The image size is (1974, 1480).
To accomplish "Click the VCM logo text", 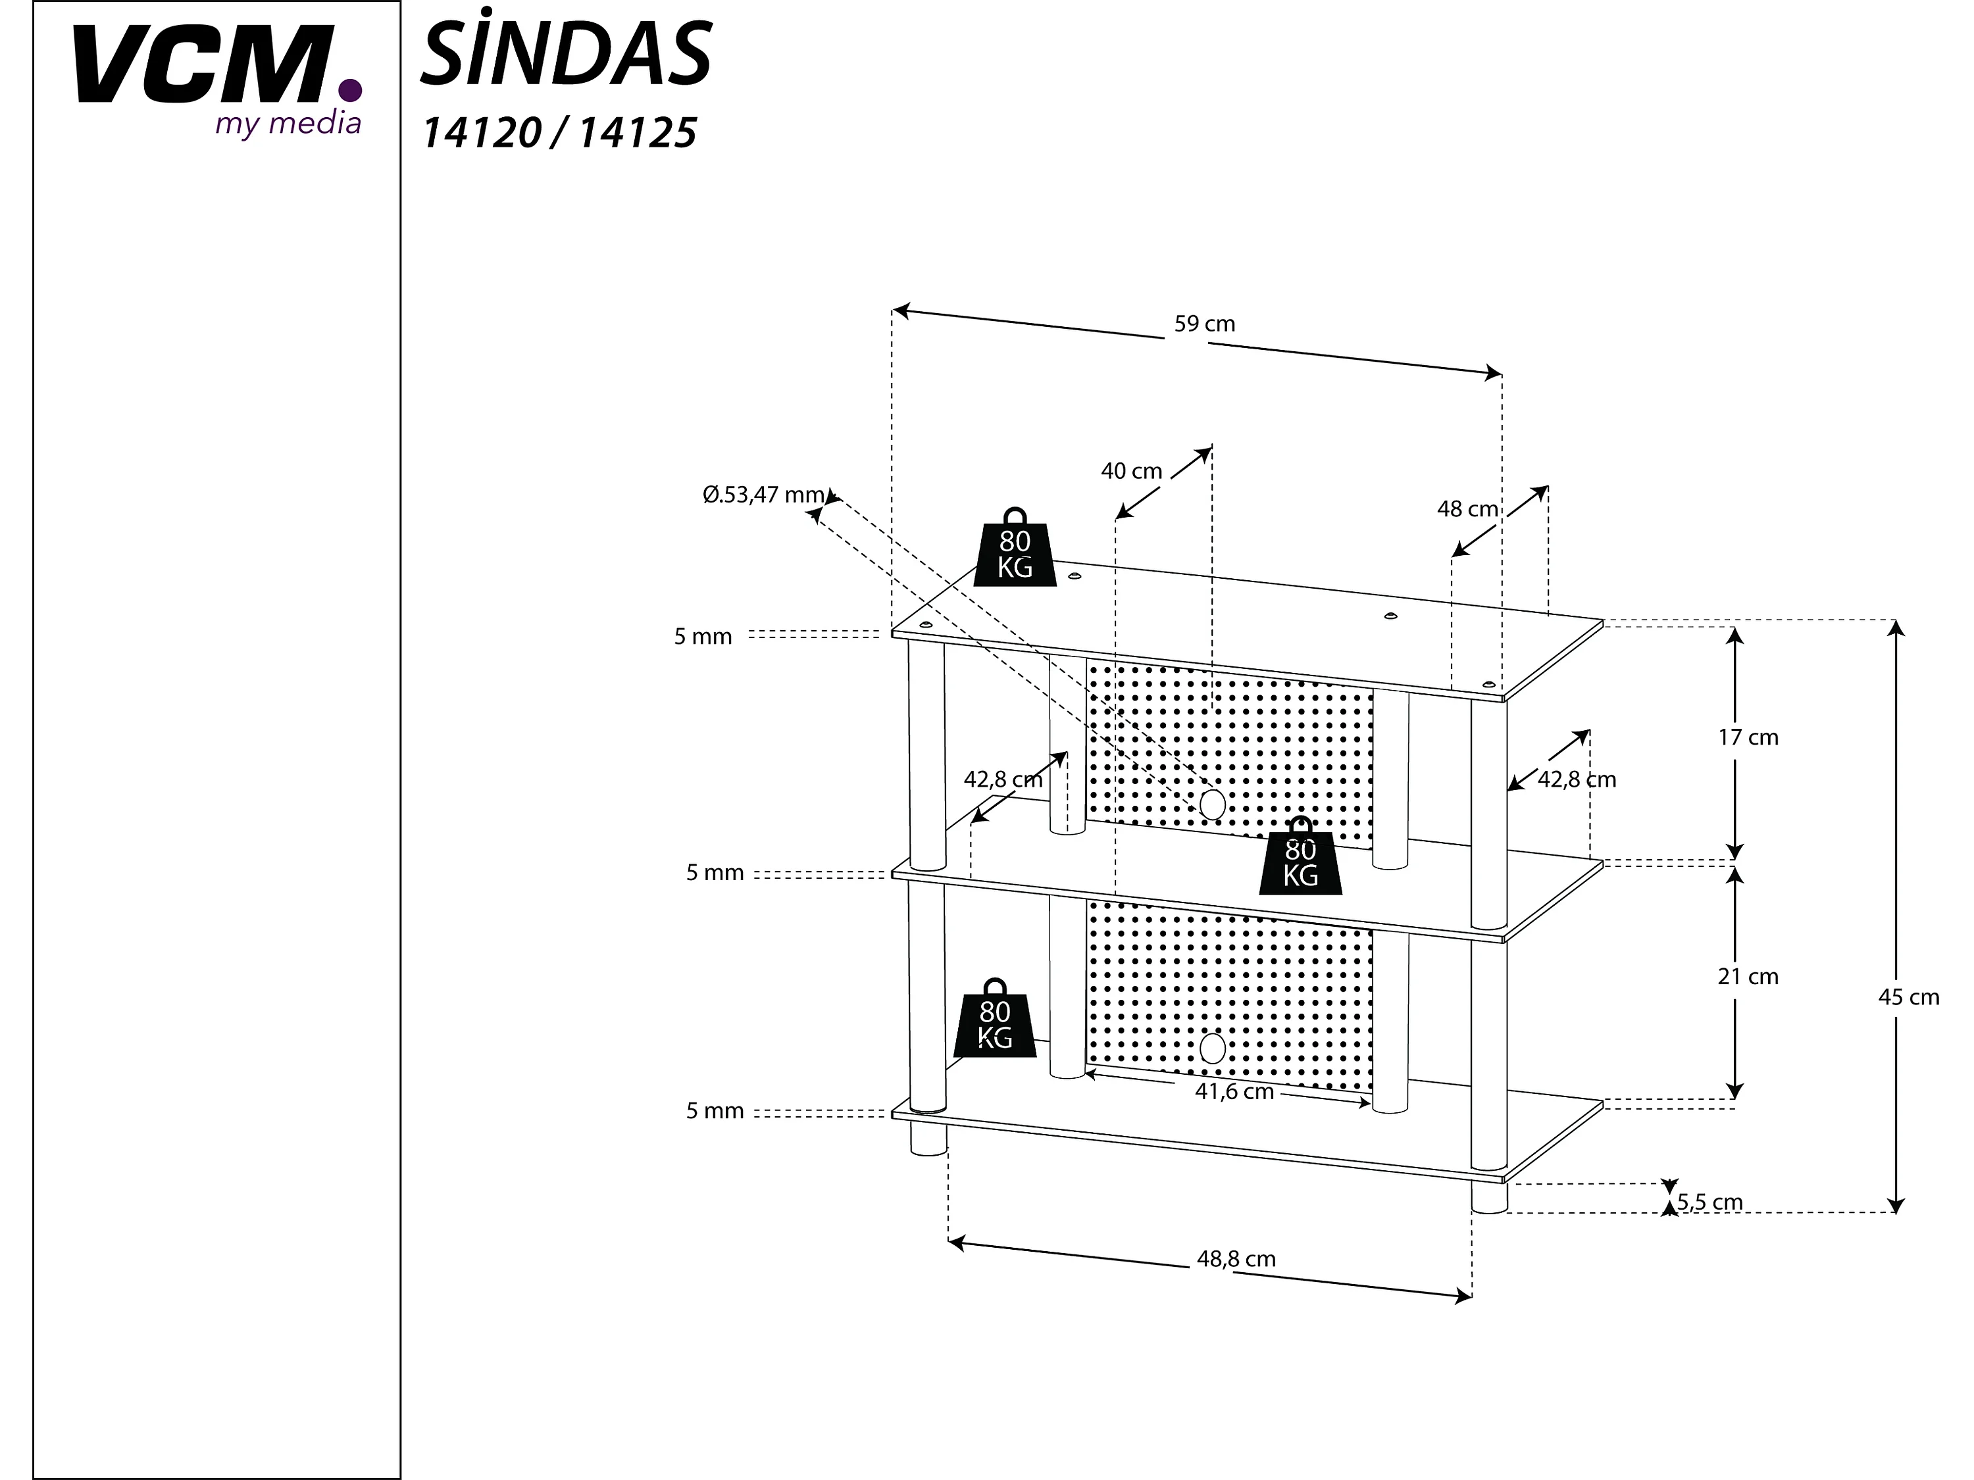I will click(201, 64).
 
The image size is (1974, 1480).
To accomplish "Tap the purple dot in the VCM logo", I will click(351, 90).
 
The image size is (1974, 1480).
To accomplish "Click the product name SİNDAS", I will click(566, 55).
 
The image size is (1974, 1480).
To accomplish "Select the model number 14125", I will click(637, 134).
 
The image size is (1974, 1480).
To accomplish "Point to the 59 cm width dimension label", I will click(1204, 324).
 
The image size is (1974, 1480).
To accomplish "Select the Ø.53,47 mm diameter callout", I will click(763, 494).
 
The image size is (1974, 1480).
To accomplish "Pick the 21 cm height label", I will click(1748, 977).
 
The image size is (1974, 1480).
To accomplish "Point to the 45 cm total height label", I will click(1908, 997).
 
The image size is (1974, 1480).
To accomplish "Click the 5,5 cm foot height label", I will click(1709, 1202).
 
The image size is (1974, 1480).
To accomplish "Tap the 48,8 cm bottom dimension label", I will click(1235, 1259).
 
